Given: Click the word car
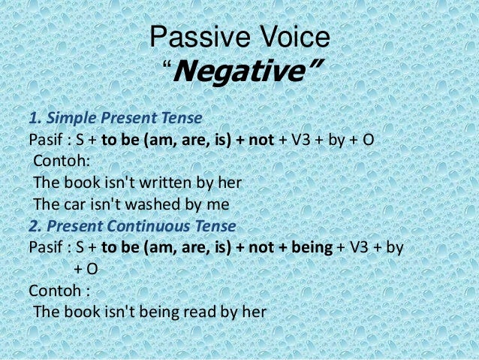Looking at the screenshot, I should tap(74, 204).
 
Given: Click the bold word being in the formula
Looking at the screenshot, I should tap(309, 247).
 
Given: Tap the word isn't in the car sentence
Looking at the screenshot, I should tap(106, 204).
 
